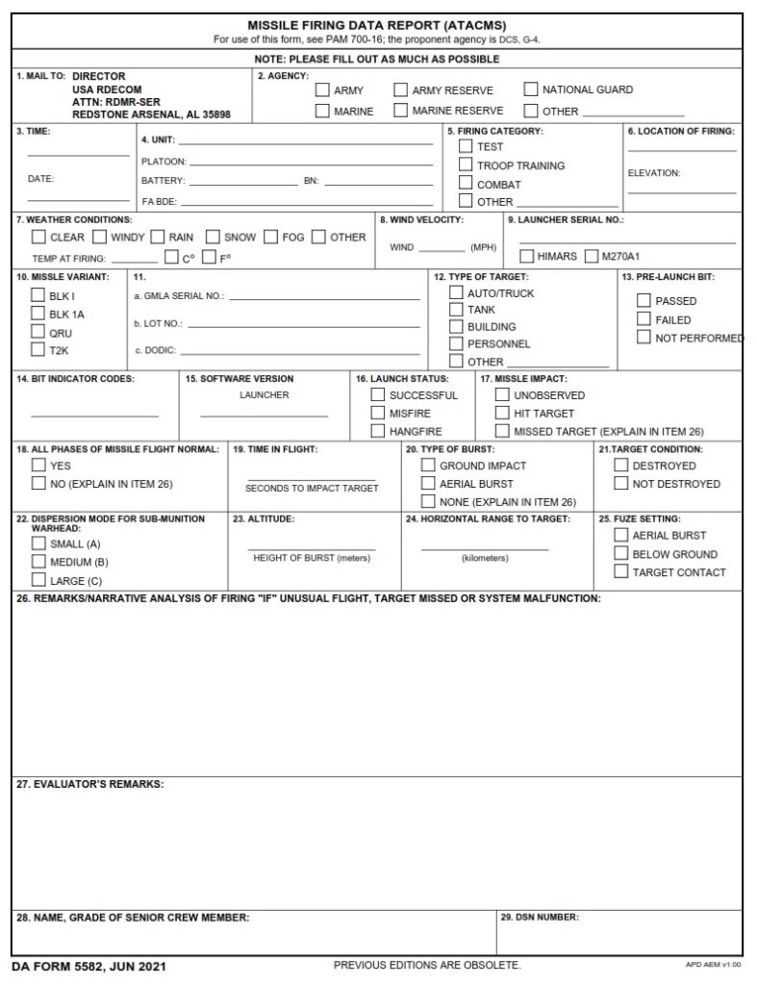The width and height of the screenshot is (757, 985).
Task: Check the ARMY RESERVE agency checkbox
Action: (x=401, y=90)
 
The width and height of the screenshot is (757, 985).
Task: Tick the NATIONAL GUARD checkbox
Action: (x=531, y=89)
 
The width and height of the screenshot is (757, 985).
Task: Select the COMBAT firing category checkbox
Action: (x=466, y=184)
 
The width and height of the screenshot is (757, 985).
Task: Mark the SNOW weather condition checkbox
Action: (x=213, y=237)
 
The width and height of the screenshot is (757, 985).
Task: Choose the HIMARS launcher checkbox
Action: (x=526, y=256)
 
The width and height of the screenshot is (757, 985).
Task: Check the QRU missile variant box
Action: (x=38, y=333)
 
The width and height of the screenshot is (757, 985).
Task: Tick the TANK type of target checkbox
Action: (x=456, y=310)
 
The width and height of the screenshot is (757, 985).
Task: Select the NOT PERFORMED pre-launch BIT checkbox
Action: (x=643, y=338)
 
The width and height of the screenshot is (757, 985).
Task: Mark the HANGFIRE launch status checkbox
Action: (x=378, y=431)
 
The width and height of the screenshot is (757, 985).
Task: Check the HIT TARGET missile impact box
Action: (x=502, y=413)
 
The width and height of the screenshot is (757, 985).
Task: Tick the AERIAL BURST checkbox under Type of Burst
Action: (x=428, y=484)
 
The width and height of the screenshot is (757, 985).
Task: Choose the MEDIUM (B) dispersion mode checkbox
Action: (x=38, y=562)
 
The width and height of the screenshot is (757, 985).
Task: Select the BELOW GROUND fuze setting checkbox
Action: (x=620, y=554)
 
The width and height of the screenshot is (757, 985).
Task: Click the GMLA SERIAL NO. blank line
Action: (x=323, y=298)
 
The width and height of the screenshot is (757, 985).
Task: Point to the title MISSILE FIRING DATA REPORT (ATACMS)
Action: (x=377, y=25)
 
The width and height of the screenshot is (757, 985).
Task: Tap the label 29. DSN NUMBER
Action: (x=540, y=918)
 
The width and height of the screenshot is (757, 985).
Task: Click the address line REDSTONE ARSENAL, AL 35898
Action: (x=151, y=114)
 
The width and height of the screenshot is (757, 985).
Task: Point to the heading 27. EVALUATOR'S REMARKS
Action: (x=89, y=784)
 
